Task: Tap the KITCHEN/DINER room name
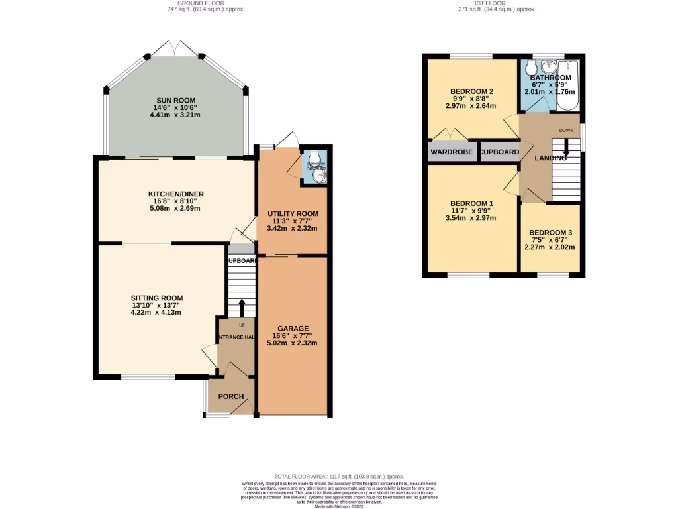[175, 194]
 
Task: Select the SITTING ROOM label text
[156, 298]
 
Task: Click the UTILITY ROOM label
[292, 213]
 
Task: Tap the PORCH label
[231, 397]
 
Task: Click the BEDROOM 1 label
[471, 203]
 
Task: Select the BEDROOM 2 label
[471, 91]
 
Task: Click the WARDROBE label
[452, 152]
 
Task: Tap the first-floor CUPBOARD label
[500, 152]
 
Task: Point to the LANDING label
[550, 158]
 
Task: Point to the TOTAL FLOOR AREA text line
[338, 477]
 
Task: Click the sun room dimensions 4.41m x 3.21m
[175, 115]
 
